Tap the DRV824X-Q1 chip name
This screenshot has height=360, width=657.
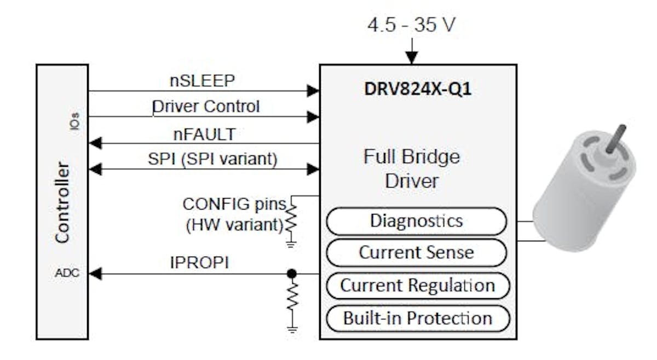418,89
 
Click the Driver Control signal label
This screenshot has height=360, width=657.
205,106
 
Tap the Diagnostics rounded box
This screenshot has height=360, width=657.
416,221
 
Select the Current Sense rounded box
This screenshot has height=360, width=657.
416,253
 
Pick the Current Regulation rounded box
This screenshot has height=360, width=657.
417,286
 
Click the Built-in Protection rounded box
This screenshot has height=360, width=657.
417,318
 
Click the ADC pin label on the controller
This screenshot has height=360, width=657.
67,273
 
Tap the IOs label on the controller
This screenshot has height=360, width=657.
74,120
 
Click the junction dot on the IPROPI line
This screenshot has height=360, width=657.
292,273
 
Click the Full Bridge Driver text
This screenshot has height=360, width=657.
412,169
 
